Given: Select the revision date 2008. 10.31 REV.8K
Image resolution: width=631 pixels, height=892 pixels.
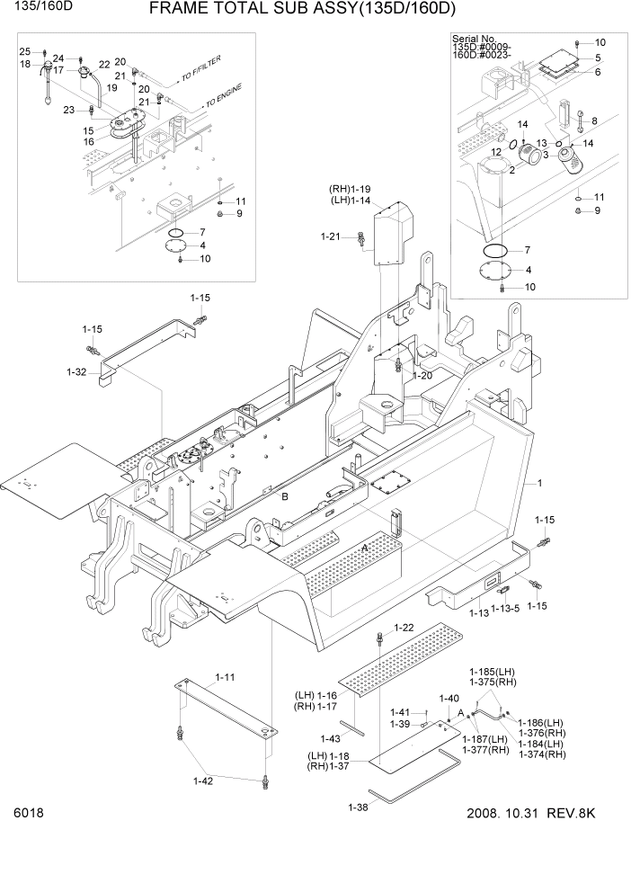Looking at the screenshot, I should [531, 814].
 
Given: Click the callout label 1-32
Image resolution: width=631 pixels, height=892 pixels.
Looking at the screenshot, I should [76, 370].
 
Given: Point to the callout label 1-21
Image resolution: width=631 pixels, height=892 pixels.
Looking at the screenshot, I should [331, 236].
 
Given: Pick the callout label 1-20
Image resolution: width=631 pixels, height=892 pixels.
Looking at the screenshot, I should [422, 375].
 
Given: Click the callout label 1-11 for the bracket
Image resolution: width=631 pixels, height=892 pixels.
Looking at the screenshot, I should [225, 676].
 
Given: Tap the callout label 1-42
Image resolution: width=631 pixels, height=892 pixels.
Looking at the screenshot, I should [203, 780].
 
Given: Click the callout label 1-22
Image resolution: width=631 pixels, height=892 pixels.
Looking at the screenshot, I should [404, 628].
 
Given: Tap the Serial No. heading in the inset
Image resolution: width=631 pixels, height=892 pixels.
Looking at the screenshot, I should [474, 40].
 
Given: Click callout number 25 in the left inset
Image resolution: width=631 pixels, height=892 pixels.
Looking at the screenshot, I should [25, 51].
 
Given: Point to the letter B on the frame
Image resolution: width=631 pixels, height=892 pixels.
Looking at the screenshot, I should [285, 496].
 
